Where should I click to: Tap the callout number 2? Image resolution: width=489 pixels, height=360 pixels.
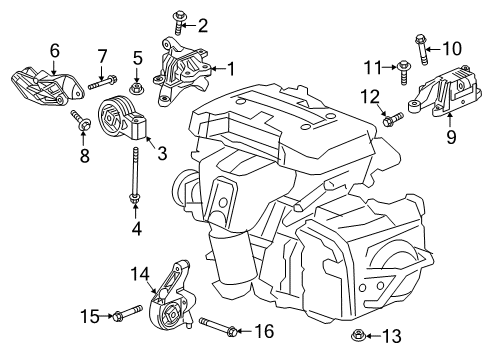(x=202, y=25)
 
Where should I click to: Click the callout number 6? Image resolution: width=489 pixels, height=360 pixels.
(x=54, y=47)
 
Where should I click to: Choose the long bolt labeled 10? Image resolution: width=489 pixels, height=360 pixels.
(x=416, y=45)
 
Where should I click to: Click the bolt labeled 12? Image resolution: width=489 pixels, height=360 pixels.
(x=391, y=120)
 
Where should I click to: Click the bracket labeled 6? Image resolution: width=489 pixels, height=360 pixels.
(x=34, y=81)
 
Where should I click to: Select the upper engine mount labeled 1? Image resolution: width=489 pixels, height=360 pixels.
(x=184, y=64)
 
